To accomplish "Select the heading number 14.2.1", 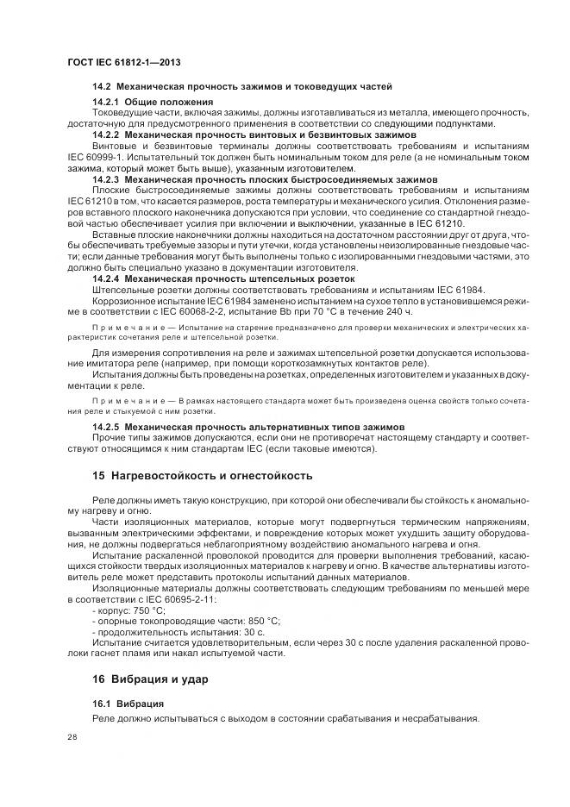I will tap(107, 103).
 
